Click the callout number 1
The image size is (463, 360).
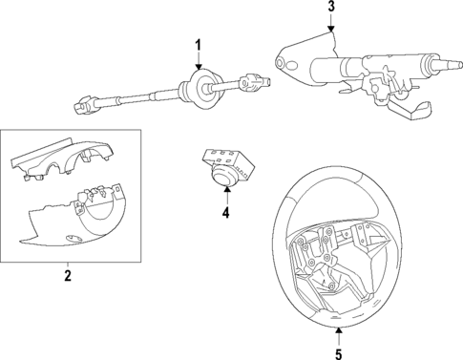[199, 45]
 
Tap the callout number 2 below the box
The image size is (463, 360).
[68, 276]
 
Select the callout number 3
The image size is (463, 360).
[331, 8]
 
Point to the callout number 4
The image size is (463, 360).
[225, 213]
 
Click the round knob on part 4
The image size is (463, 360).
[225, 179]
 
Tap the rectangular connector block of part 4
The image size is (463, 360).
[226, 157]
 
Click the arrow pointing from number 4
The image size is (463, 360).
[225, 197]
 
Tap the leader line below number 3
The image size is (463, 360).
[331, 25]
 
